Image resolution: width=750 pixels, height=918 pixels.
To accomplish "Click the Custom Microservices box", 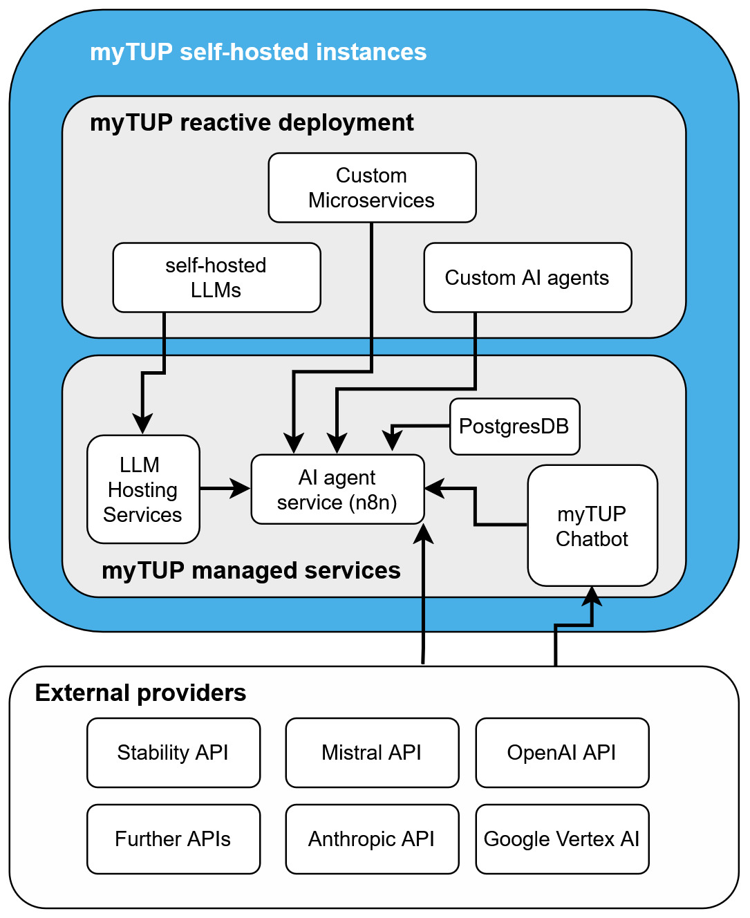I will tap(372, 187).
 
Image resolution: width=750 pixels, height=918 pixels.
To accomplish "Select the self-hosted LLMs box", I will tap(216, 277).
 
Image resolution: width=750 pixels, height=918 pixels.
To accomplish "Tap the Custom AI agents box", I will tap(527, 277).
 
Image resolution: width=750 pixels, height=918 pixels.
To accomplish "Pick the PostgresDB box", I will tap(514, 426).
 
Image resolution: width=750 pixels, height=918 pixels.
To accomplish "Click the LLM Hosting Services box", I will tap(143, 489).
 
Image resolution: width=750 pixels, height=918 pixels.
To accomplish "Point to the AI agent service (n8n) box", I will tap(337, 489).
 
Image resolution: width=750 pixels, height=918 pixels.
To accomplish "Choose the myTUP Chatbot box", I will tap(592, 525).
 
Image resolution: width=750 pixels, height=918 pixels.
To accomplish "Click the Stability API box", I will tap(174, 752).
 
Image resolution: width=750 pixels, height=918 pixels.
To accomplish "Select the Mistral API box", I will tap(372, 752).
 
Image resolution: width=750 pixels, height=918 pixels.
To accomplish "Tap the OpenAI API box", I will tap(562, 752).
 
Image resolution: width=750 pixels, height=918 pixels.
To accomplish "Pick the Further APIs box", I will tap(174, 839).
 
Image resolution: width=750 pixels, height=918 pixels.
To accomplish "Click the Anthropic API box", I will tap(372, 839).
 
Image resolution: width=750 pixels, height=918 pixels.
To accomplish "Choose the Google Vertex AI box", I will tap(562, 839).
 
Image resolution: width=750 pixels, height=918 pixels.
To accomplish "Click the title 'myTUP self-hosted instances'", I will tap(258, 52).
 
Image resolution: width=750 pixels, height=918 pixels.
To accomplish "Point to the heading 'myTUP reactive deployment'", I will tap(252, 122).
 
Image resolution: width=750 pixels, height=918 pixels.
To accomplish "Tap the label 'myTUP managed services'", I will tap(251, 570).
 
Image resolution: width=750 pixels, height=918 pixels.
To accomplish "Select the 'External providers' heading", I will tap(140, 693).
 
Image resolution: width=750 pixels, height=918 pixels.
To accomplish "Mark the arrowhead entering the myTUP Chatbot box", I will tap(592, 596).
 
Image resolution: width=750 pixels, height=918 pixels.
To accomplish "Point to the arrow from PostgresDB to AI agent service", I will tap(418, 427).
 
